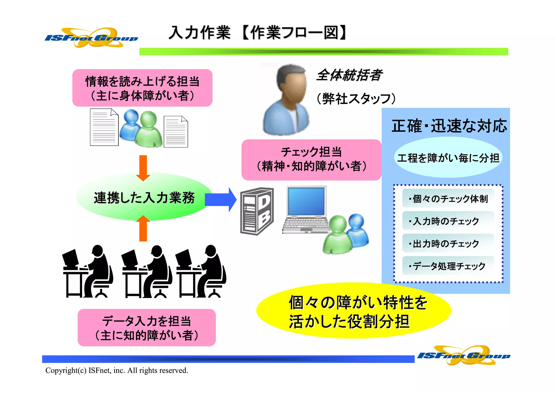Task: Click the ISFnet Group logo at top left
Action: [91, 38]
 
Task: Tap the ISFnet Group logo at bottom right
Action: [464, 355]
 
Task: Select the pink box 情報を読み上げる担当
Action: [142, 88]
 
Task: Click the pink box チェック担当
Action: [311, 160]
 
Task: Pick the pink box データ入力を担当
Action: [147, 328]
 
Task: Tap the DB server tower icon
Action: [257, 211]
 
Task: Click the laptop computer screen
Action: [306, 201]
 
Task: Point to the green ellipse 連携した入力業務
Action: [144, 197]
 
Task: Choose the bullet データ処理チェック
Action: [448, 266]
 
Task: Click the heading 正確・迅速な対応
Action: [449, 126]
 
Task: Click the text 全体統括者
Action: [349, 75]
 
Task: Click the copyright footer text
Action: [117, 370]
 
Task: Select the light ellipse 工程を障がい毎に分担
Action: [448, 158]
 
